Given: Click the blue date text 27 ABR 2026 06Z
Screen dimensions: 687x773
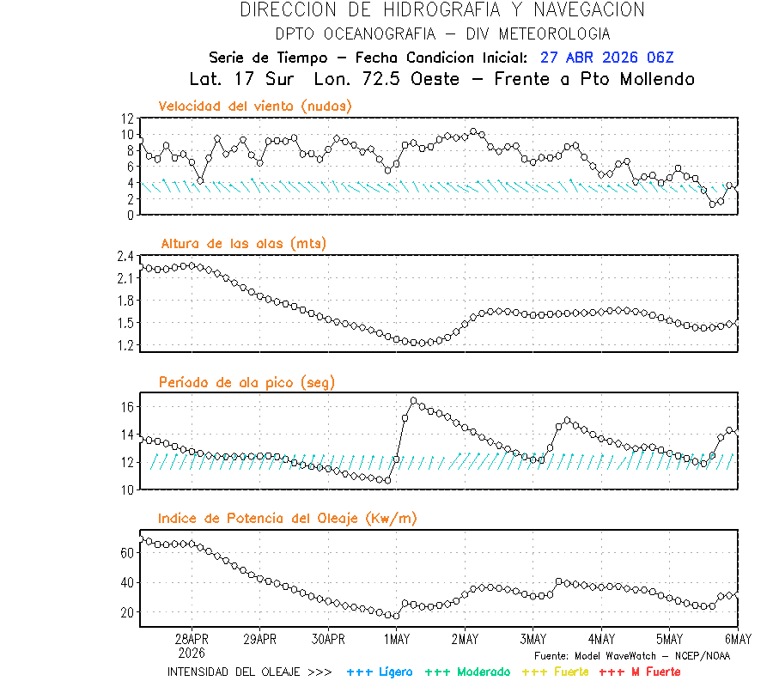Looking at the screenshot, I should click(607, 58).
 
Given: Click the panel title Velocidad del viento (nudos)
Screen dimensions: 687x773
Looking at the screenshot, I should click(255, 106).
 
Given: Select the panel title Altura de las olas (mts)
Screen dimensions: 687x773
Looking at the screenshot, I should click(244, 244).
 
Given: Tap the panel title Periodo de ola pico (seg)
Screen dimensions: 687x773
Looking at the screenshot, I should click(247, 381).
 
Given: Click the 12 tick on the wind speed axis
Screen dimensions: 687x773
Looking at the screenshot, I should click(127, 118).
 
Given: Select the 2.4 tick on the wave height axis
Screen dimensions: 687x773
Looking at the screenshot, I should click(124, 256).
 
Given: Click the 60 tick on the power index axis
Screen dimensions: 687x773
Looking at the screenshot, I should click(127, 553).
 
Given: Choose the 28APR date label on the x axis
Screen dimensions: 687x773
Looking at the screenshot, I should click(192, 640).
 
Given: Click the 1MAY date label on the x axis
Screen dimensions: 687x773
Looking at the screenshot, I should click(396, 640).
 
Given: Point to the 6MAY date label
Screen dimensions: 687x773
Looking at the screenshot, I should click(737, 640).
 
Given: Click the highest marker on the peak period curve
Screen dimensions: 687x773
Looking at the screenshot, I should click(414, 401).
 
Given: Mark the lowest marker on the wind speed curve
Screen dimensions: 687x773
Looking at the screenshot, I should click(713, 204).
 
